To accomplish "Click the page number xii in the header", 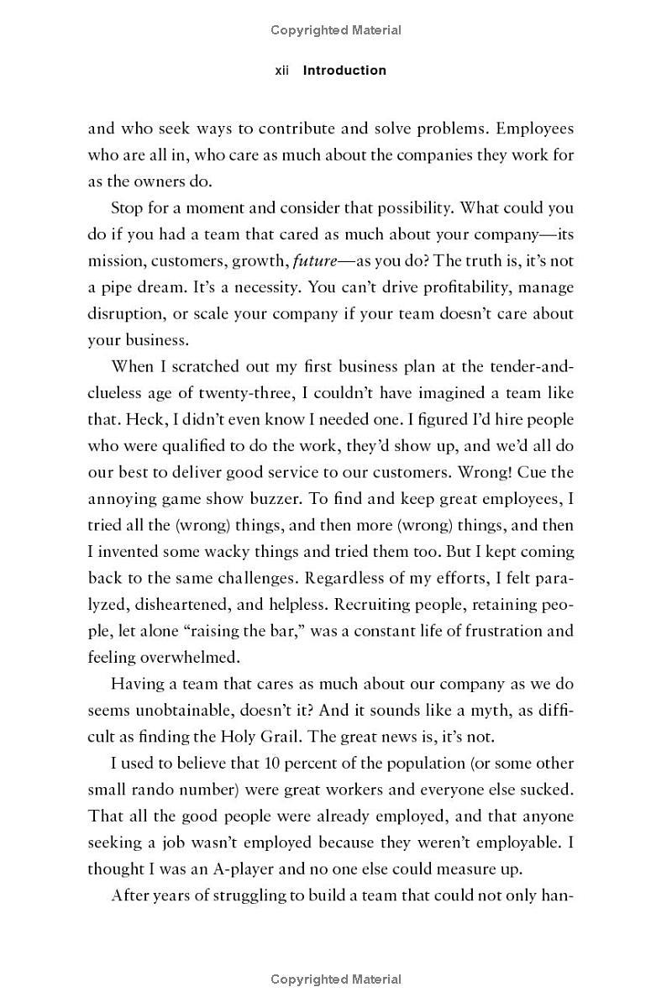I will click(282, 71).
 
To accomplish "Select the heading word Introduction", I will click(344, 71).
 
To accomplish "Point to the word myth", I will click(487, 710).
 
